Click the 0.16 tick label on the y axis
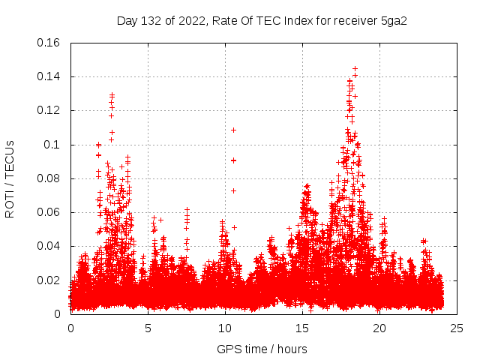click(x=49, y=43)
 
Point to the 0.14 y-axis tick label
click(x=49, y=76)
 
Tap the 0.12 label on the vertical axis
click(x=49, y=110)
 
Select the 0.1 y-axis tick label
click(x=53, y=145)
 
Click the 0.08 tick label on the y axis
click(x=49, y=178)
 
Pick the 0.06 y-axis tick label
click(x=49, y=212)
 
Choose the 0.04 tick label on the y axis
click(x=49, y=246)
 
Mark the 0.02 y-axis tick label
click(x=49, y=280)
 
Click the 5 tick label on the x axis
click(x=148, y=328)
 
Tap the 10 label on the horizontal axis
click(x=225, y=328)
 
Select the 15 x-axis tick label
click(x=302, y=328)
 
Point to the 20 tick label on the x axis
click(x=379, y=328)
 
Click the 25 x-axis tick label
click(x=457, y=328)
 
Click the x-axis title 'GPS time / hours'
click(x=262, y=349)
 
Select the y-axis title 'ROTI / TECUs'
click(x=10, y=178)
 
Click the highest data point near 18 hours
click(x=355, y=69)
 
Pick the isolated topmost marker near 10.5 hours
click(x=233, y=130)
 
